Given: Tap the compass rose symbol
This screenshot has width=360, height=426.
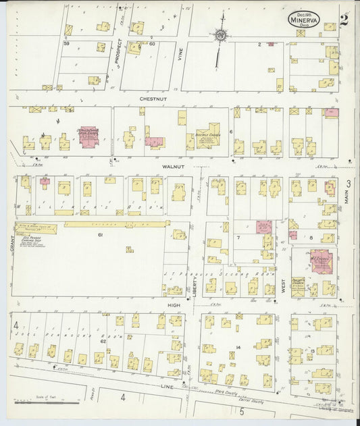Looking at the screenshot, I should (221, 34).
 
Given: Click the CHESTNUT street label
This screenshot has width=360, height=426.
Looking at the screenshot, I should (153, 99).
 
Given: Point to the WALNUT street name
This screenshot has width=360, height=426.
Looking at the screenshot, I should (173, 166).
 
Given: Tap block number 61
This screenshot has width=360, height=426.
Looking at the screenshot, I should (99, 235).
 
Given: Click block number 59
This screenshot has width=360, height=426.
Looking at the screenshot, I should (66, 44).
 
